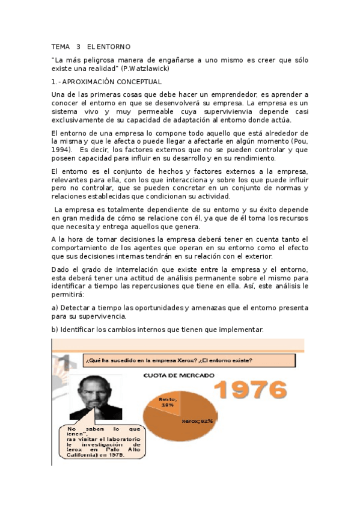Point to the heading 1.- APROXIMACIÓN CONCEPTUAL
[106, 81]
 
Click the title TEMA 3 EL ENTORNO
[90, 46]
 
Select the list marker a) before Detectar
[55, 308]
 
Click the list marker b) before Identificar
[55, 330]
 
